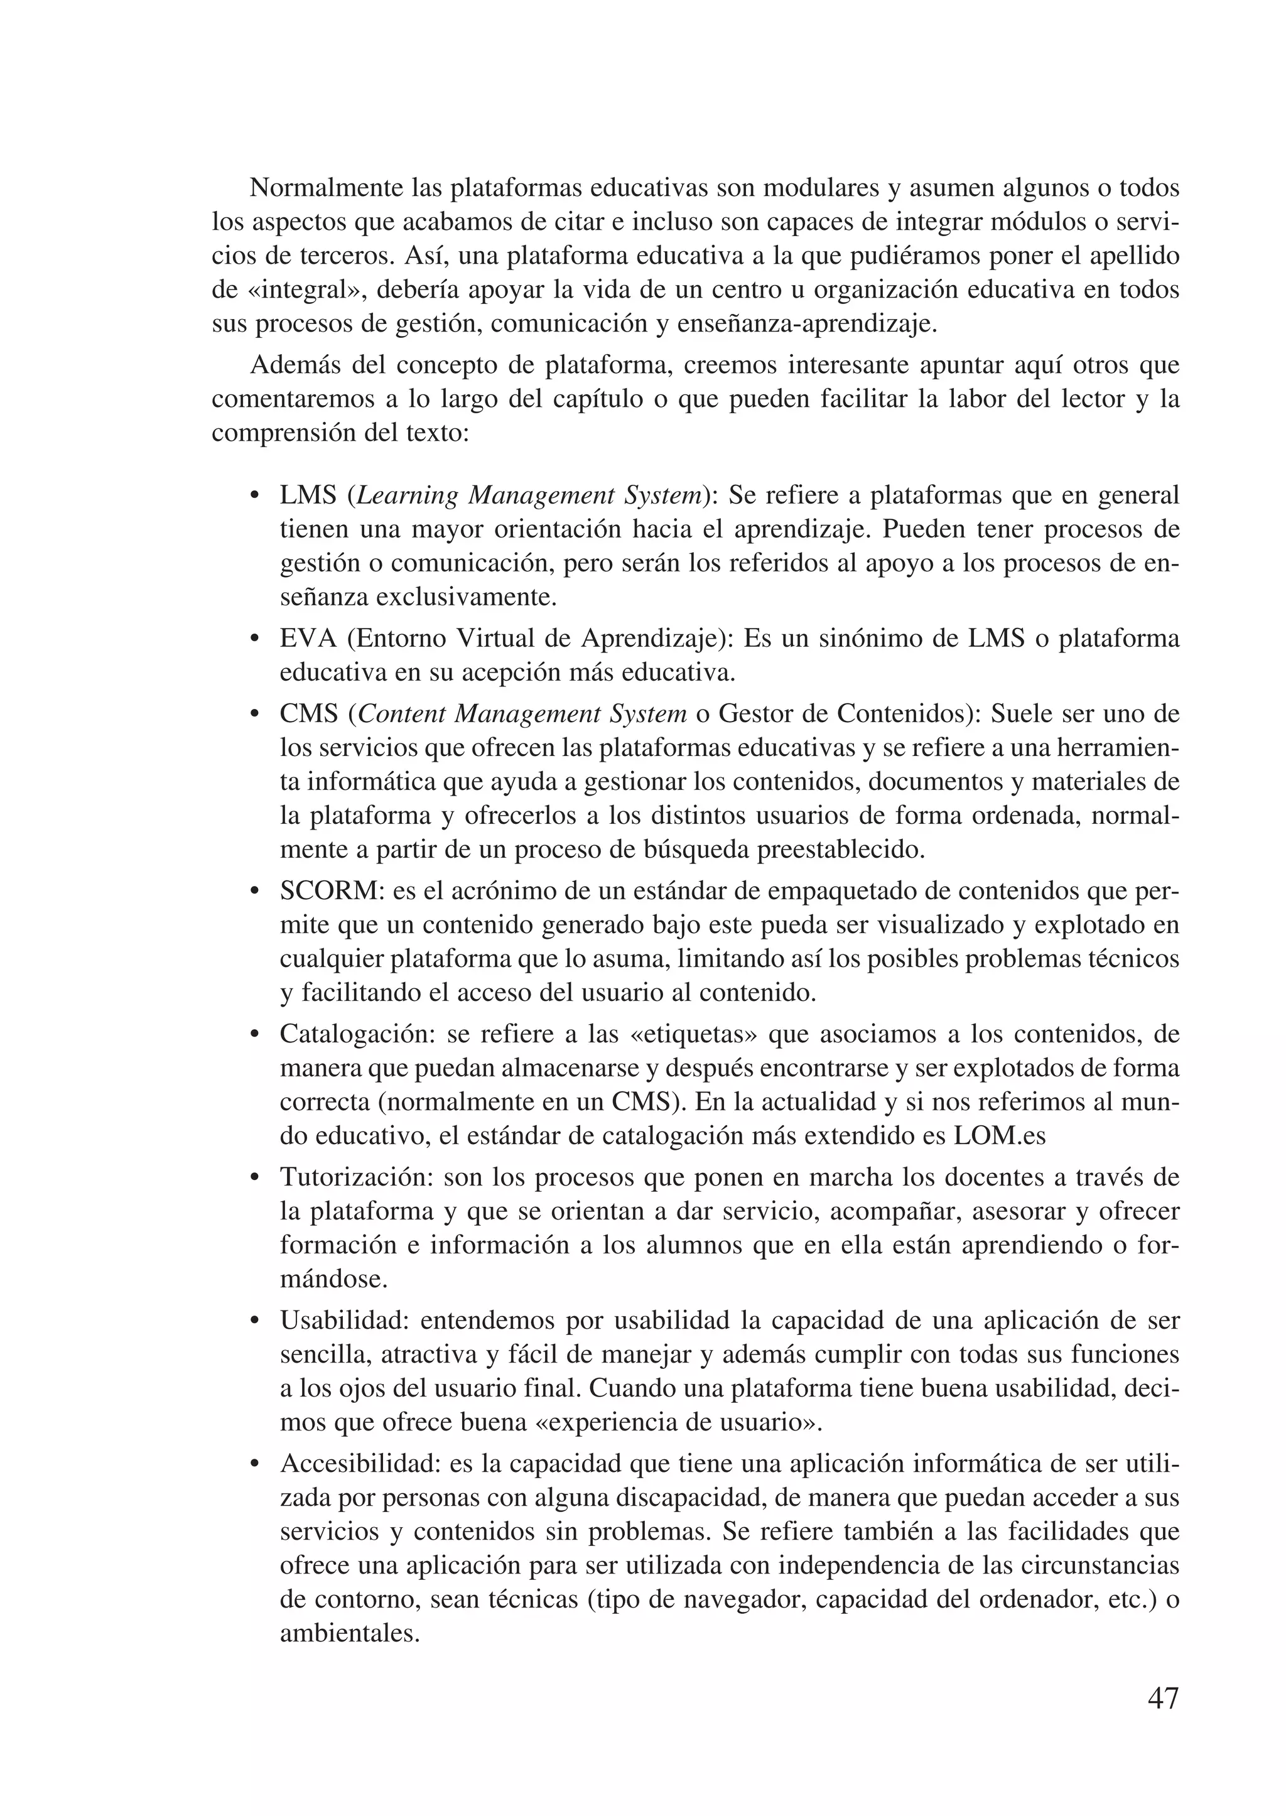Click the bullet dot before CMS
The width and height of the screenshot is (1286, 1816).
[255, 715]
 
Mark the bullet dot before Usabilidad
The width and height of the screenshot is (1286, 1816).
[255, 1322]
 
